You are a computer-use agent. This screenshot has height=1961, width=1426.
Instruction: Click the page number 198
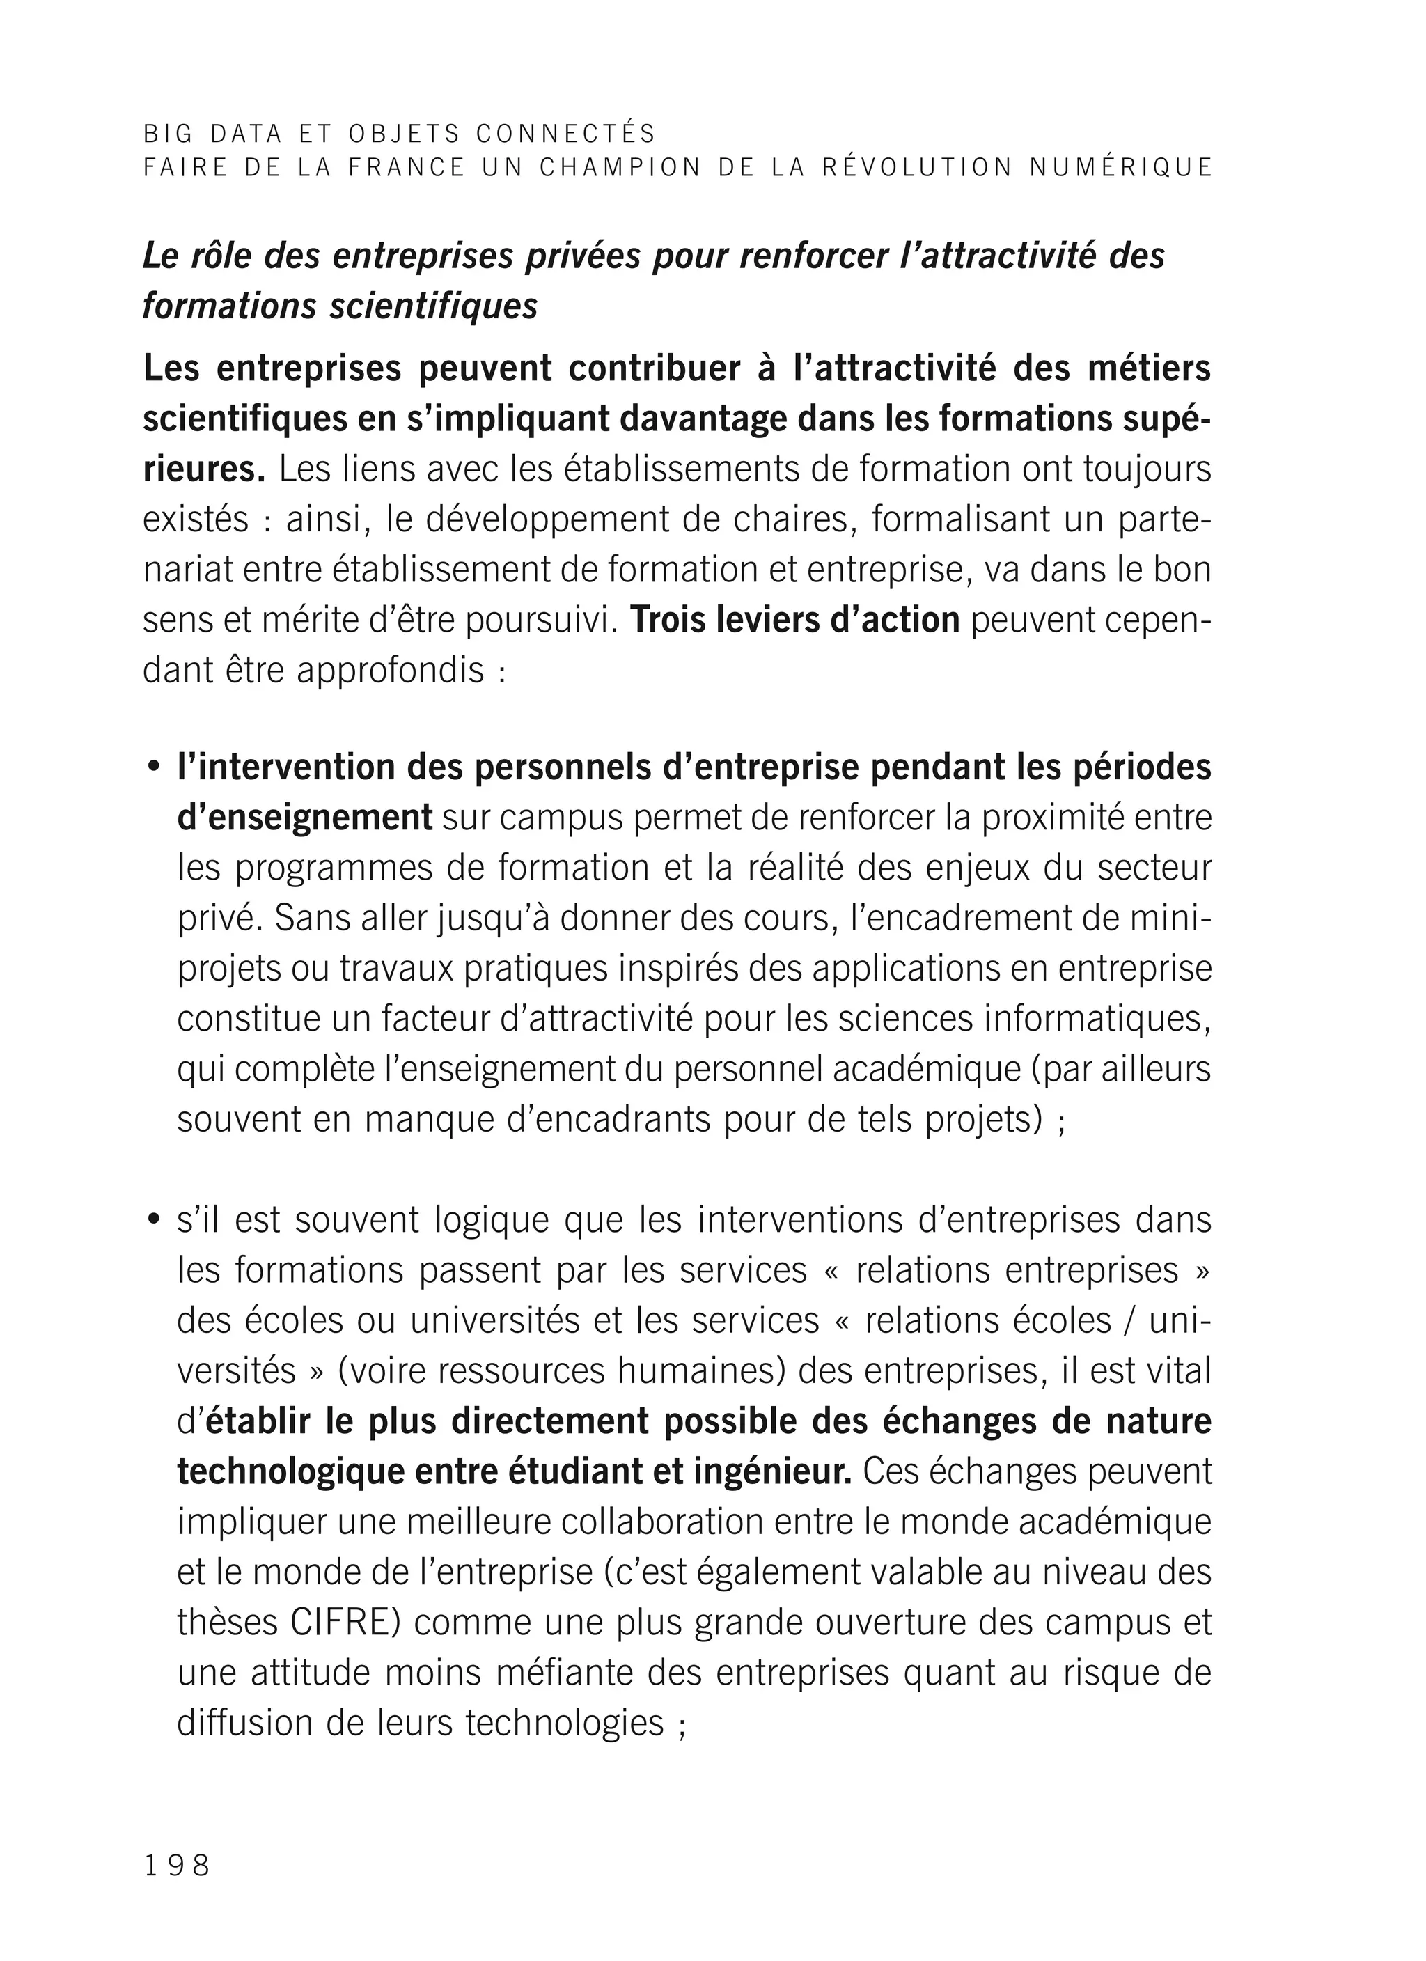178,1865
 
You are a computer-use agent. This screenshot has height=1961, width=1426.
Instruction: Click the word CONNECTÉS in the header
565,134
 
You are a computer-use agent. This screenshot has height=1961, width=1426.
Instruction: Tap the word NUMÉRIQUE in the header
1122,168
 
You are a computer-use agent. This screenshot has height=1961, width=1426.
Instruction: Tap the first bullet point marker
154,769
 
